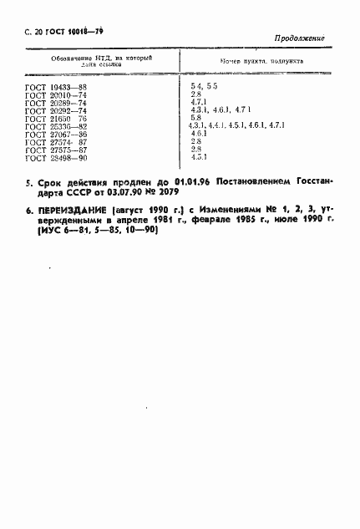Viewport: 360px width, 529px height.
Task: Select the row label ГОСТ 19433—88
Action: coord(57,87)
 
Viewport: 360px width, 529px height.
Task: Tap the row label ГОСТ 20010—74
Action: coord(57,95)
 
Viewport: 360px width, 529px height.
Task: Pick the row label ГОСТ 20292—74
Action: coord(57,110)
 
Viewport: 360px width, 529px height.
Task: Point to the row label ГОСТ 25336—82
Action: coord(57,126)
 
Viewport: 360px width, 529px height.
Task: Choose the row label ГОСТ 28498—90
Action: coord(57,157)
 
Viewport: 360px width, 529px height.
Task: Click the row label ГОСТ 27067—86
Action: coord(57,134)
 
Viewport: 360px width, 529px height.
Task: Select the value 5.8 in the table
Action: coord(197,118)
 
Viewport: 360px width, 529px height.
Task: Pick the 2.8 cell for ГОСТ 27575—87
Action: coord(197,150)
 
